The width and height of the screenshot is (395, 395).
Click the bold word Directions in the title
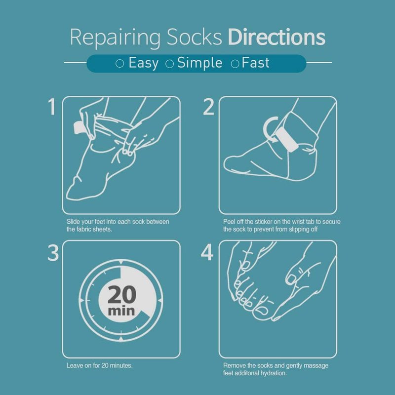[276, 37]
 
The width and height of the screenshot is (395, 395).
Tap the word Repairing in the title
[115, 38]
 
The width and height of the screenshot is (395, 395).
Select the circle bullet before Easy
[119, 64]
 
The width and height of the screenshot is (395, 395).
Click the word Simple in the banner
[199, 63]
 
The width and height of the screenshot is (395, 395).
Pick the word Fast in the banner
[255, 63]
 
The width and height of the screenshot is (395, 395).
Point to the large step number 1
[52, 107]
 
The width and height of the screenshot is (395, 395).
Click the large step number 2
[208, 107]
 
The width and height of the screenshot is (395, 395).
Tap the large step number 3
[53, 252]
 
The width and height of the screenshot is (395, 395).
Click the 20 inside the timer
[122, 294]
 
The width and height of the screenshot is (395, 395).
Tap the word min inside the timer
[121, 311]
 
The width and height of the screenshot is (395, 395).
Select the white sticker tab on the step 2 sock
[287, 139]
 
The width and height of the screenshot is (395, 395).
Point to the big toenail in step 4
[262, 311]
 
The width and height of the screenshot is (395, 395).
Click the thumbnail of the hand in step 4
[292, 279]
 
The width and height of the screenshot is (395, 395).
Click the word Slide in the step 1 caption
[73, 222]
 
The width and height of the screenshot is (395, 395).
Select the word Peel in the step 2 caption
[229, 222]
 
